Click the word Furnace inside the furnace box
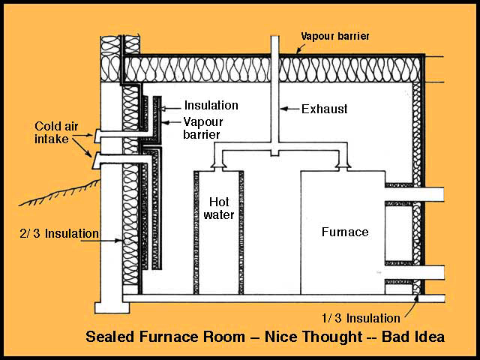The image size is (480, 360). (x=345, y=232)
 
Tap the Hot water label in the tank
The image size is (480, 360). (x=219, y=208)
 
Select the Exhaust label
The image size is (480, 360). (x=324, y=109)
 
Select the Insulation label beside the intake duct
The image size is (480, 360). (x=211, y=106)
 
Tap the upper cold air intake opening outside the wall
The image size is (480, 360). (x=96, y=136)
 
